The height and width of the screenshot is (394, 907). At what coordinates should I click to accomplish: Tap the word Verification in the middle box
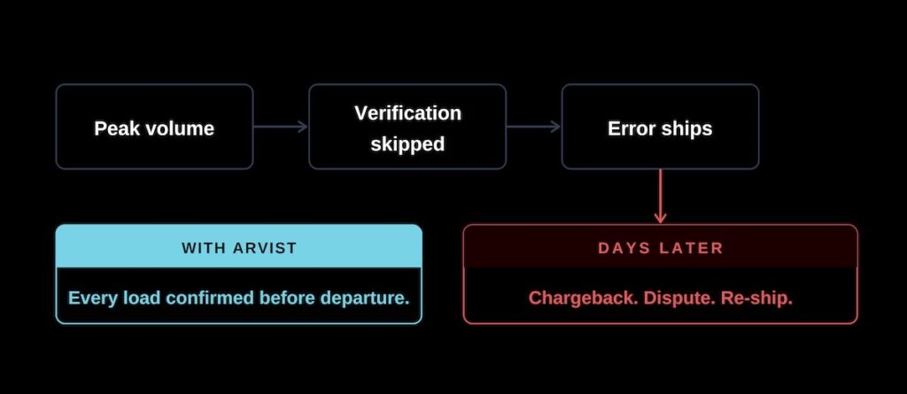click(x=407, y=112)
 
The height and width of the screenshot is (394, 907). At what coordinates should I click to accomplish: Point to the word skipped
click(x=407, y=144)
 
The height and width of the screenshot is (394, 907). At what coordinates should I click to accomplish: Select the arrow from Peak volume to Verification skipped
click(x=281, y=127)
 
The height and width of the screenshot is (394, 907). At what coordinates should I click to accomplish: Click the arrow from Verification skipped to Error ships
click(x=533, y=127)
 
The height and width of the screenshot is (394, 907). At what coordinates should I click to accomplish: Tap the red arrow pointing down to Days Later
click(x=660, y=197)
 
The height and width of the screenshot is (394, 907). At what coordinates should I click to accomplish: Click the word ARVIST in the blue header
click(x=265, y=248)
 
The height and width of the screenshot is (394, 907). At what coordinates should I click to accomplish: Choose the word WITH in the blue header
click(x=203, y=248)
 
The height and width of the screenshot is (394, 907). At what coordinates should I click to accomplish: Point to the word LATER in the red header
click(x=692, y=248)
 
